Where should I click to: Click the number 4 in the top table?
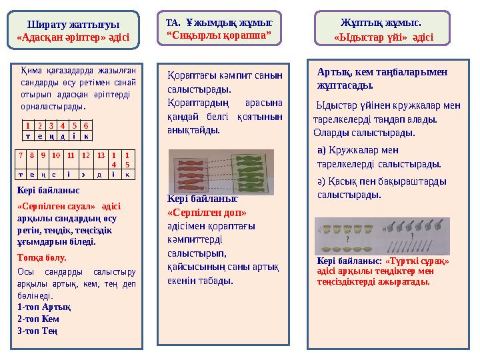[x=61, y=125]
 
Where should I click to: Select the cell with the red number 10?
[x=56, y=155]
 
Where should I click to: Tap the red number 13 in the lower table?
[x=101, y=155]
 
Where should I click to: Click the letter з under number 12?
[x=85, y=174]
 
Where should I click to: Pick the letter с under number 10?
[x=56, y=174]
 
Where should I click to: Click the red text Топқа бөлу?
[x=42, y=257]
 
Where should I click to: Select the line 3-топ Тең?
[x=37, y=331]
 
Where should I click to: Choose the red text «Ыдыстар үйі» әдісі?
[x=383, y=38]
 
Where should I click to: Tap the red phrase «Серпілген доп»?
[x=207, y=213]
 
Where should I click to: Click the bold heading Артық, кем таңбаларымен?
[x=383, y=72]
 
